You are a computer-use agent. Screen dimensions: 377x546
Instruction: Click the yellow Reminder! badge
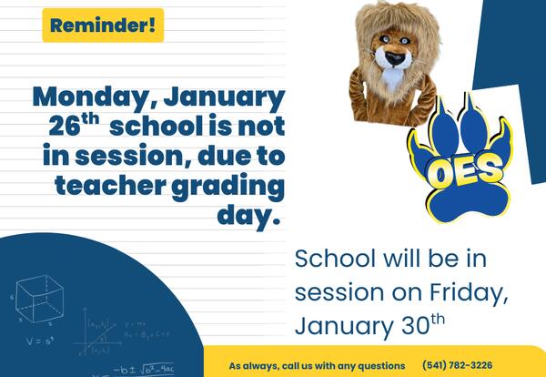click(103, 25)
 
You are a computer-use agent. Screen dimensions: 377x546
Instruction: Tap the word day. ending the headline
click(248, 216)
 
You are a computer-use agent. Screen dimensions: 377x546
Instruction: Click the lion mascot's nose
click(393, 61)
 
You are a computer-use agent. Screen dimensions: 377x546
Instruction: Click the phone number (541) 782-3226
click(467, 365)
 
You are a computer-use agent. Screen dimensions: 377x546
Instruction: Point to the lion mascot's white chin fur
click(393, 79)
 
